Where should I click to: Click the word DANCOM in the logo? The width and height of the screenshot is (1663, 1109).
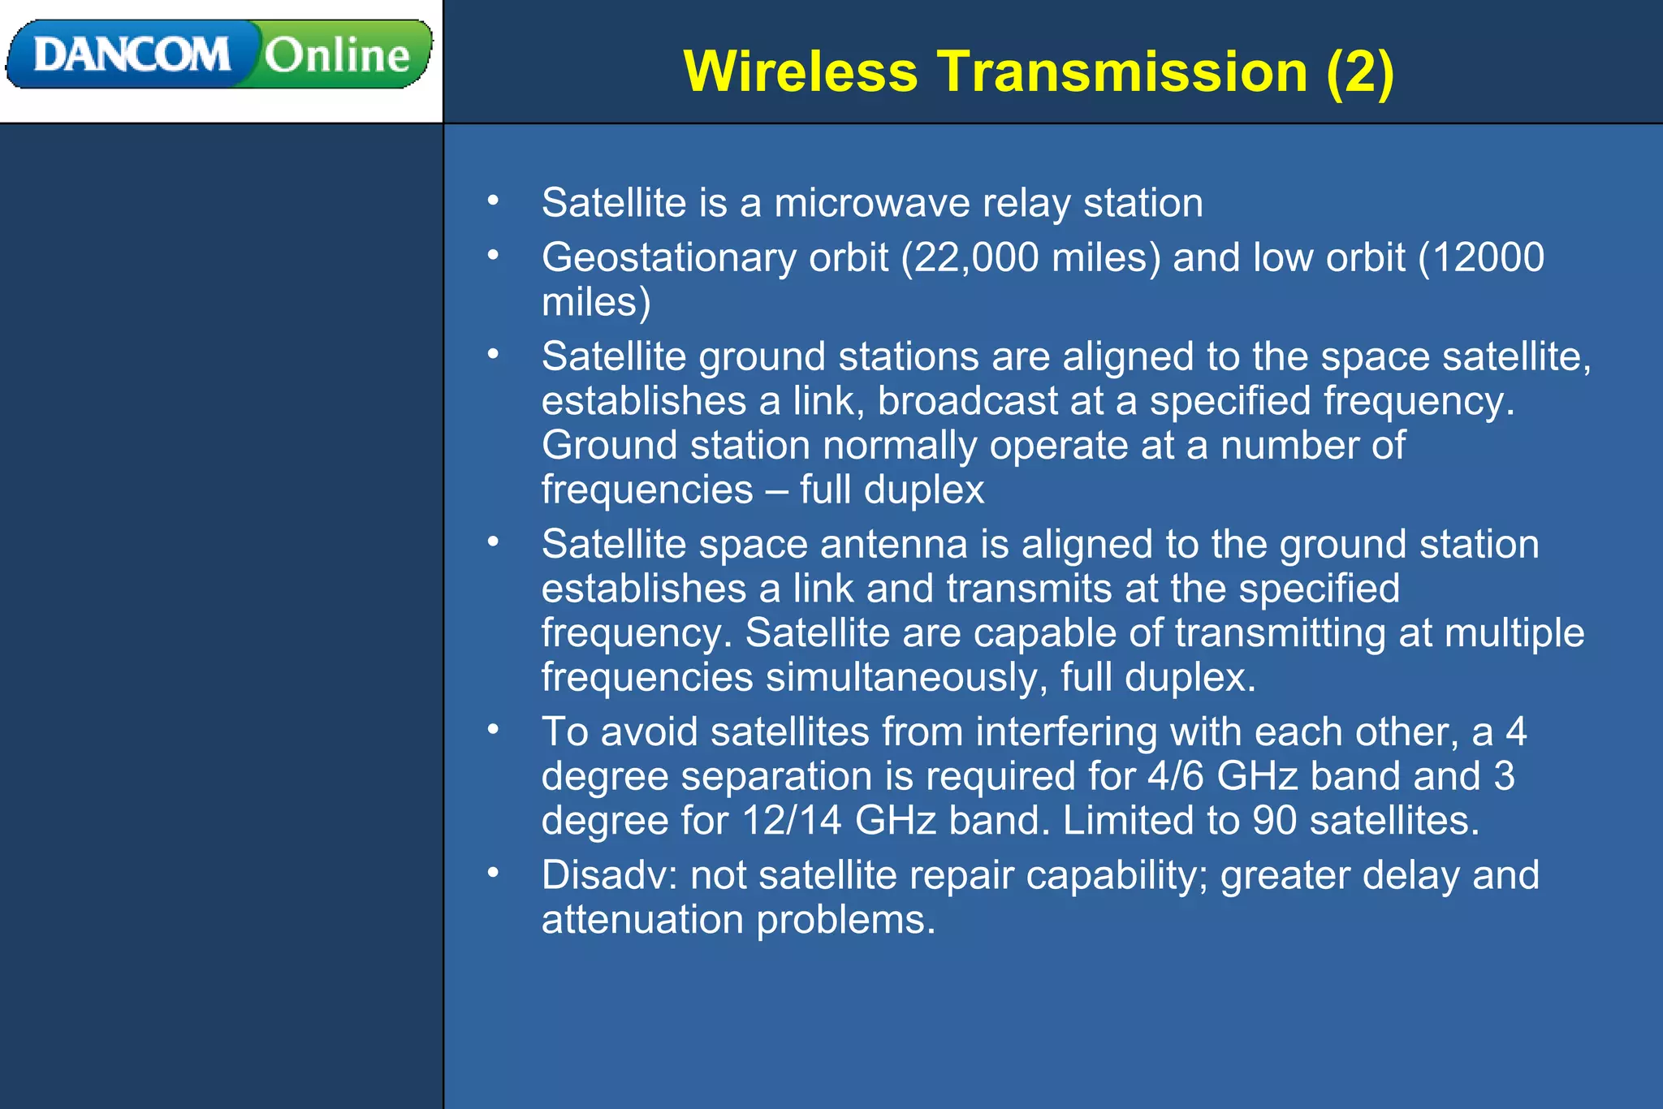(x=132, y=55)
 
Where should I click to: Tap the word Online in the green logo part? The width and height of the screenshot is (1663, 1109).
(x=337, y=55)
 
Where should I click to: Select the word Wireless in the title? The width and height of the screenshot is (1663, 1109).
(x=801, y=71)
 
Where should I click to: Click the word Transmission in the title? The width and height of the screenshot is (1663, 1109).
(x=1122, y=71)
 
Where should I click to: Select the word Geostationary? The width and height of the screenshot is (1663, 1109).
(x=669, y=258)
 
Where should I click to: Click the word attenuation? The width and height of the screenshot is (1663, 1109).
(x=642, y=921)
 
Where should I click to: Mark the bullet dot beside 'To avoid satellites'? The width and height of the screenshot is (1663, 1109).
(x=493, y=730)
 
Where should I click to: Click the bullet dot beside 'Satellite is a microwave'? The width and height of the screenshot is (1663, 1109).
(x=493, y=201)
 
